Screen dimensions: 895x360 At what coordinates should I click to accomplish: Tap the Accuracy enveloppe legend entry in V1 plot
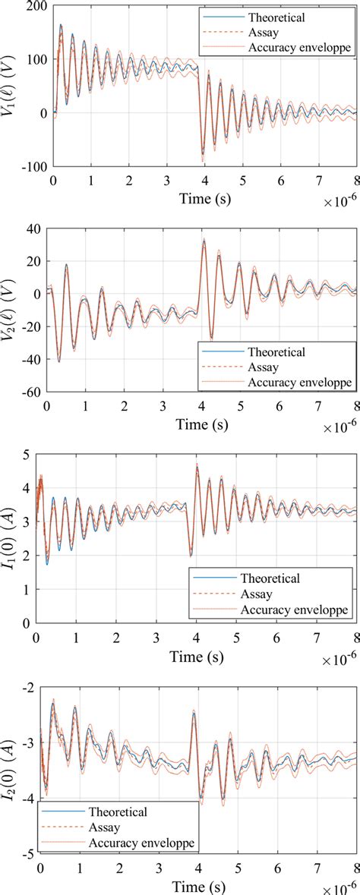pos(295,47)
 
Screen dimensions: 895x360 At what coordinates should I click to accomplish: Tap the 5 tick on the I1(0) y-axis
pos(42,455)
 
